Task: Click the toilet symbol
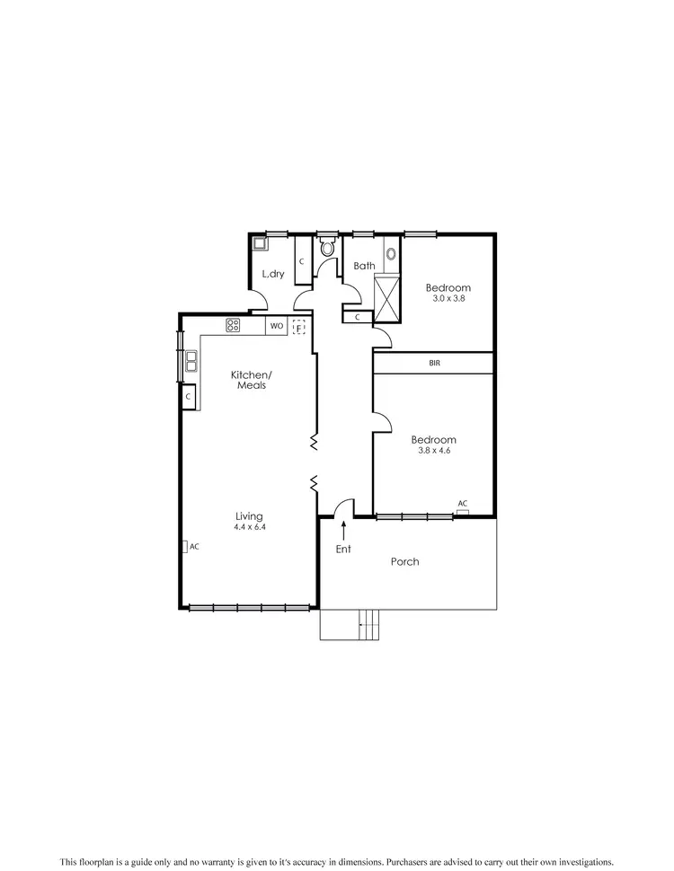tap(327, 247)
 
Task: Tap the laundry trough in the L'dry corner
tap(259, 242)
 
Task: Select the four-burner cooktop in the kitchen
tap(234, 326)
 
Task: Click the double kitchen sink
tap(191, 362)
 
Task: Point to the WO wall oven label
tap(277, 326)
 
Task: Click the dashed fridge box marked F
tap(299, 328)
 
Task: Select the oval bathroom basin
tap(391, 253)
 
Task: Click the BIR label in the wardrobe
tap(434, 363)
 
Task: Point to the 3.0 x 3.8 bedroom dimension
tap(448, 298)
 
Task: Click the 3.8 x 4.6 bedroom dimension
tap(433, 451)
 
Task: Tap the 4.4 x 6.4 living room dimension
tap(249, 527)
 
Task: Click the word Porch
tap(404, 562)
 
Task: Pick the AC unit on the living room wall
tap(184, 546)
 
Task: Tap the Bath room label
tap(364, 266)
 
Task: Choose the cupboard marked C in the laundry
tap(301, 260)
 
